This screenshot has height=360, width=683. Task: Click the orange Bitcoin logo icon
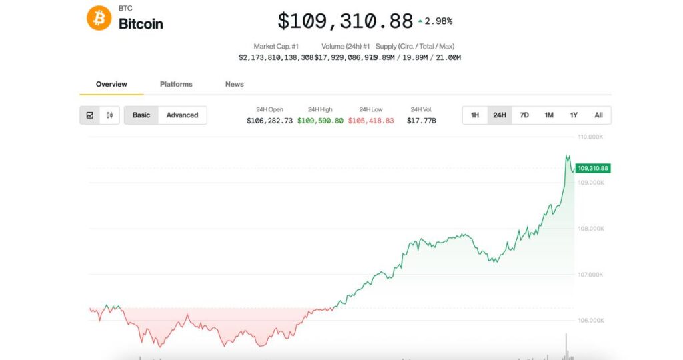pos(99,18)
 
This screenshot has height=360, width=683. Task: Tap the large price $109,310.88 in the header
pos(345,21)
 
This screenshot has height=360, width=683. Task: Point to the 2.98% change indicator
pos(435,21)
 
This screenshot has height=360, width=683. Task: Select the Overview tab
pos(111,84)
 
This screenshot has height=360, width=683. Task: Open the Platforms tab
pos(176,84)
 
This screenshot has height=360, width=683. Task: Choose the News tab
pos(234,84)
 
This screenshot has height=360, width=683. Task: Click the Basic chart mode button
pos(141,115)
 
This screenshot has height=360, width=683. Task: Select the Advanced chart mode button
pos(182,115)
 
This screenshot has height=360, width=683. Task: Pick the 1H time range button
pos(475,115)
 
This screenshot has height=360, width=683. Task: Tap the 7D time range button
pos(524,115)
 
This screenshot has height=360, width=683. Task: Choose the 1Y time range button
pos(574,115)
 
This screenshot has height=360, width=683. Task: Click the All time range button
pos(598,115)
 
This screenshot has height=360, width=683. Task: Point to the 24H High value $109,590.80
pos(320,121)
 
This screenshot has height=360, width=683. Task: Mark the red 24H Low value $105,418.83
pos(371,121)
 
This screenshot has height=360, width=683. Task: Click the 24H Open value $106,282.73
pos(269,121)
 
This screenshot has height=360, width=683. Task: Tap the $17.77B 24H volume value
pos(421,121)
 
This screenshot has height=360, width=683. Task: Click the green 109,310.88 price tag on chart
pos(593,169)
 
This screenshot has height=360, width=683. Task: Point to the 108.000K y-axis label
pos(591,229)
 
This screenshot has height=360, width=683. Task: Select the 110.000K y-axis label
pos(591,137)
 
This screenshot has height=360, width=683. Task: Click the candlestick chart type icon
pos(109,115)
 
